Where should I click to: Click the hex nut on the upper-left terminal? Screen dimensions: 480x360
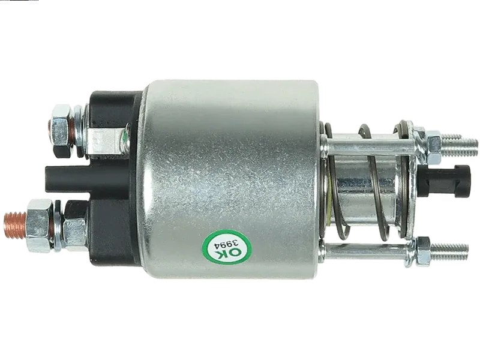(63, 131)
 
